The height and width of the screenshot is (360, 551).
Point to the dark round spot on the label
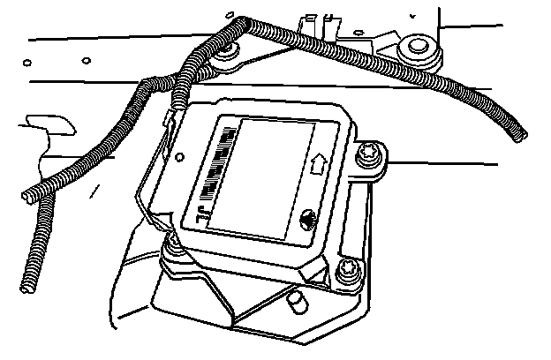[x=308, y=221]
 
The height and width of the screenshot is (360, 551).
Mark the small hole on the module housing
[x=180, y=159]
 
